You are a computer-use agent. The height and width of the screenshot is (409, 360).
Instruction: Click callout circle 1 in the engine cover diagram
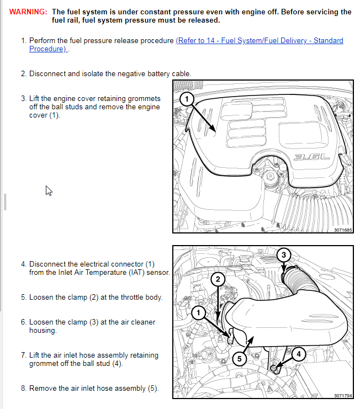(187, 99)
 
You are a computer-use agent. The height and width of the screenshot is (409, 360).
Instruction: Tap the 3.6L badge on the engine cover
(312, 157)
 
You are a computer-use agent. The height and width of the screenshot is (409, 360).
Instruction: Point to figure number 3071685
(342, 230)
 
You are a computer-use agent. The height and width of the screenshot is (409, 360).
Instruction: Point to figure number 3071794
(342, 395)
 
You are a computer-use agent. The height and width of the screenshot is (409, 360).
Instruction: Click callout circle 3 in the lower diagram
(283, 254)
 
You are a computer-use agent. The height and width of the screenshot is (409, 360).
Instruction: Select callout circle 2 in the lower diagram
(218, 279)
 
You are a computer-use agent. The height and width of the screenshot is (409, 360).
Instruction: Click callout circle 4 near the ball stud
(298, 354)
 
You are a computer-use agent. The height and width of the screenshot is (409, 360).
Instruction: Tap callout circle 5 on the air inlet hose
(239, 359)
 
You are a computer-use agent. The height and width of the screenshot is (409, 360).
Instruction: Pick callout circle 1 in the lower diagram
(197, 313)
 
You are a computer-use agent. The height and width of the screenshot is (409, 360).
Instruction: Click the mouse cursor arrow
(49, 190)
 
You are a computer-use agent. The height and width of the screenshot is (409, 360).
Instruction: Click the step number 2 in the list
(23, 73)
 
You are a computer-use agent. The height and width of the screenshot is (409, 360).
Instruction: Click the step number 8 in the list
(23, 388)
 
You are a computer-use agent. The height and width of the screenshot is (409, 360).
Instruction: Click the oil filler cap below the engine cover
(271, 178)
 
